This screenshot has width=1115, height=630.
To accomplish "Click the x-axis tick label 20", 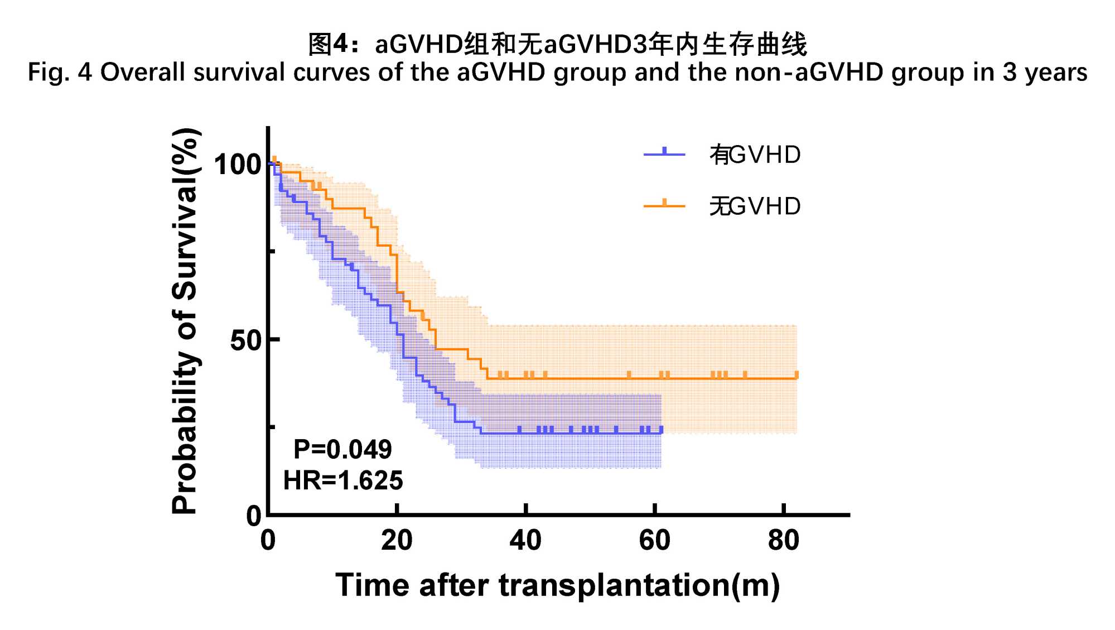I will [x=397, y=540].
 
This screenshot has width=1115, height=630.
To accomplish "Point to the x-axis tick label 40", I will [x=525, y=540].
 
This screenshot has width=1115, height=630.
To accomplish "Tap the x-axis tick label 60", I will [x=654, y=540].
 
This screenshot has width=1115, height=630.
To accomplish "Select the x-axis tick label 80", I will [x=783, y=540].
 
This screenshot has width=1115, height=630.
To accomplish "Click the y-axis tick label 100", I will [x=238, y=165].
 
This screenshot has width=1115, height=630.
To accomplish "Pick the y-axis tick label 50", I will [x=246, y=340].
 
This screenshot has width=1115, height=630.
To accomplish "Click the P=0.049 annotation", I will [x=342, y=449].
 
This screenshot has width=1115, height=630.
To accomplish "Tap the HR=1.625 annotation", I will [x=342, y=480].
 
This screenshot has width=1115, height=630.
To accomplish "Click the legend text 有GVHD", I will [x=755, y=155].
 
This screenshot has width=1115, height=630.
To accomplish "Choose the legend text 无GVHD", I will [x=755, y=206].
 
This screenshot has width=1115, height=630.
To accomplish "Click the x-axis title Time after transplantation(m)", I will [x=557, y=585].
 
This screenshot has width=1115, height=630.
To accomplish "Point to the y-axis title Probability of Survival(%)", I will [x=185, y=320].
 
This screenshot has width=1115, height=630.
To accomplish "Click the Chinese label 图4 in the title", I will [x=327, y=44].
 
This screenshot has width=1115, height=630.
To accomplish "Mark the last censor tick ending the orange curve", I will [x=796, y=375].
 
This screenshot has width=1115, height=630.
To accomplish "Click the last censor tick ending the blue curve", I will [x=661, y=430].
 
